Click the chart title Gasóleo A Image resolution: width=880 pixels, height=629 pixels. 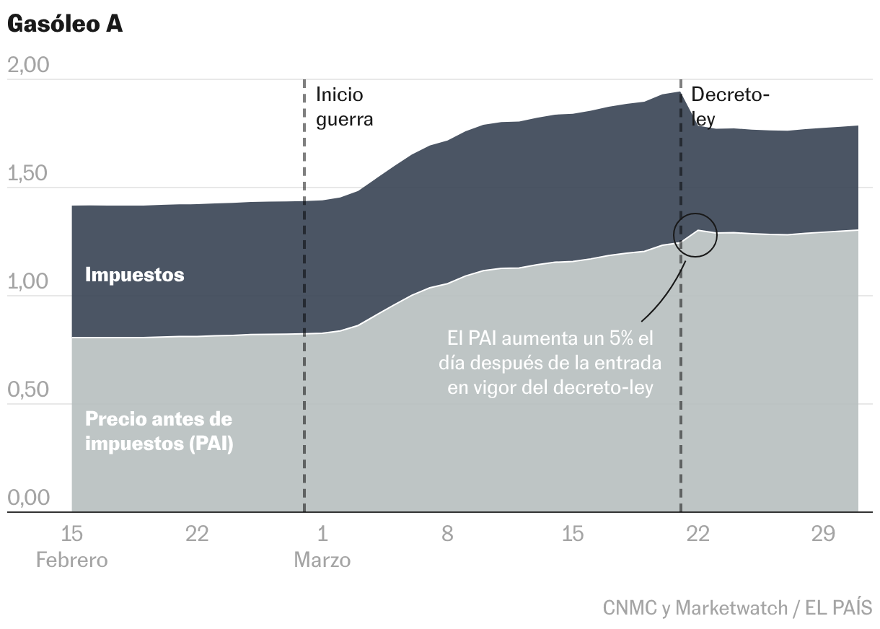coord(65,24)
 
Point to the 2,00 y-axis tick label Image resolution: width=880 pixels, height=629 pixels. coord(27,66)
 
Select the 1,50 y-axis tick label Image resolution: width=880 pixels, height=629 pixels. coord(27,174)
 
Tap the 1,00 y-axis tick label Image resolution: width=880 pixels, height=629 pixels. coord(27,282)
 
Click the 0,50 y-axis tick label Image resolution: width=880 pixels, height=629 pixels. coord(27,390)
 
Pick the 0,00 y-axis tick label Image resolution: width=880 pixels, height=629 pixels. coord(27,498)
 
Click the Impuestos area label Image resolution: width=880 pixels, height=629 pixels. coord(134,275)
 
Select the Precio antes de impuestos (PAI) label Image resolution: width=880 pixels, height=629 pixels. coord(159,431)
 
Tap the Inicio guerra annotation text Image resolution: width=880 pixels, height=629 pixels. coord(344,106)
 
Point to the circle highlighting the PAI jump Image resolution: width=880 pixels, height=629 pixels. coord(695,234)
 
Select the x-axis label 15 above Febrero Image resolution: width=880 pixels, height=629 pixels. coord(71,535)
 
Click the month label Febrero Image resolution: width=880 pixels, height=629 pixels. coord(71,560)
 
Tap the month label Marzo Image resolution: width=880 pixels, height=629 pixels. coord(322,560)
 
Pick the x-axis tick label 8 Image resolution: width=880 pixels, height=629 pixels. coord(447,535)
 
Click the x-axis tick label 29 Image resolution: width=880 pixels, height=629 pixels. coord(823,535)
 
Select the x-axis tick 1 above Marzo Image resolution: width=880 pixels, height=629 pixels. coord(322,535)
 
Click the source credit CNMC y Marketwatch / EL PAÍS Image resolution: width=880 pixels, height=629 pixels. coord(737,608)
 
